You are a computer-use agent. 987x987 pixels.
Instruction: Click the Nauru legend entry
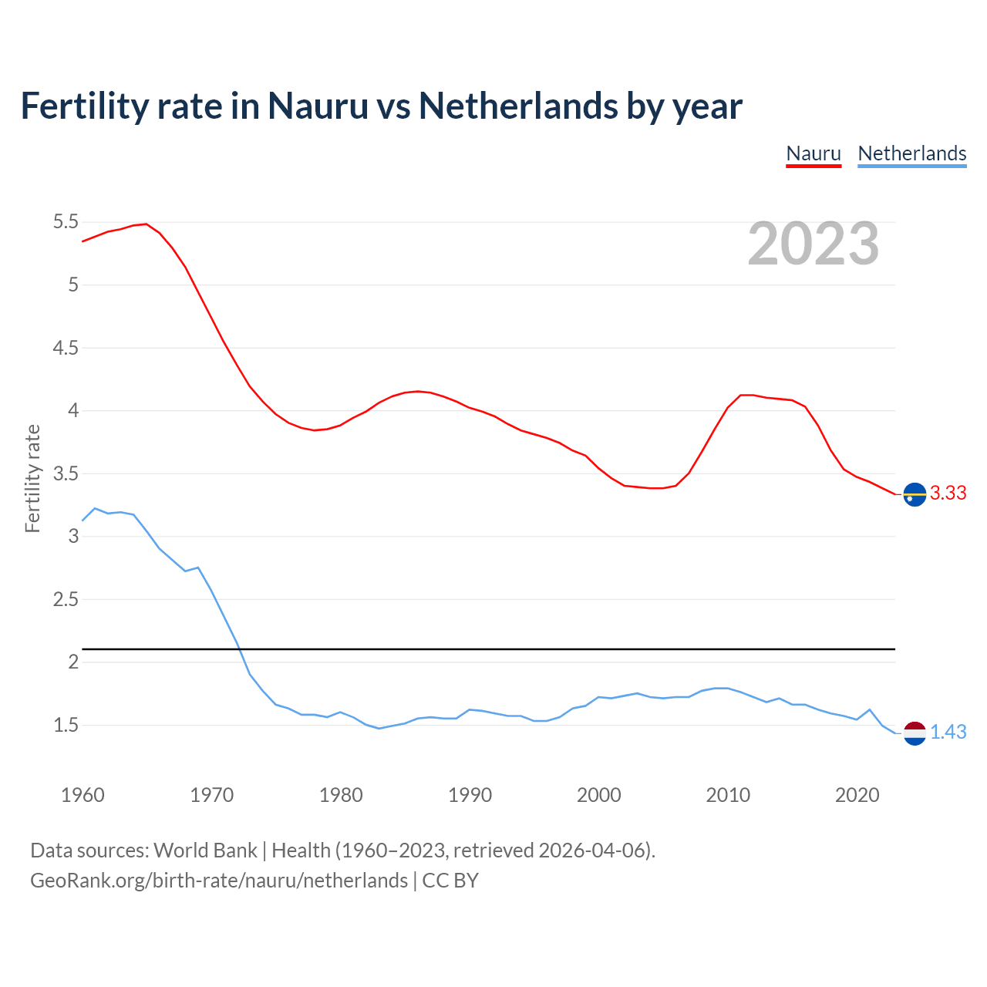click(814, 153)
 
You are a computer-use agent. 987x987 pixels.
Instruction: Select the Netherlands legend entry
click(911, 153)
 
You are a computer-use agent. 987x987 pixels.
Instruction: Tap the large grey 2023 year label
click(814, 244)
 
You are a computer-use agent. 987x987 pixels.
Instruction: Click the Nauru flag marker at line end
click(915, 493)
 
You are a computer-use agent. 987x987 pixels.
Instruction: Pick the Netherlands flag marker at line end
click(915, 733)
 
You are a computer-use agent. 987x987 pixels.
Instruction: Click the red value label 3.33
click(948, 493)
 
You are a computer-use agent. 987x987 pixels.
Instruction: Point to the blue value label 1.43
click(948, 732)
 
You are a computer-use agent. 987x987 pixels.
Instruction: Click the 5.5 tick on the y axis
click(66, 222)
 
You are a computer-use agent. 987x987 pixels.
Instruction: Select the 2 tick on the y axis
click(73, 662)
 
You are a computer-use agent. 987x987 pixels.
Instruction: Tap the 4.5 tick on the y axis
click(66, 348)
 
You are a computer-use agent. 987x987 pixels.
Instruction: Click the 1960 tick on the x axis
click(83, 795)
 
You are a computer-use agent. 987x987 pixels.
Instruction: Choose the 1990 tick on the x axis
click(470, 795)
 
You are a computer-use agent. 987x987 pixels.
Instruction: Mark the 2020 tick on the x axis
click(857, 795)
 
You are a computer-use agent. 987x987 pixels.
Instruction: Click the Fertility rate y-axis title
click(32, 478)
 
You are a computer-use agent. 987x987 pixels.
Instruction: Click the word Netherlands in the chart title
click(518, 106)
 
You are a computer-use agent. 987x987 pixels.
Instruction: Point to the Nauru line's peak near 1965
click(146, 224)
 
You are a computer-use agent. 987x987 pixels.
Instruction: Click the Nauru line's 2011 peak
click(742, 395)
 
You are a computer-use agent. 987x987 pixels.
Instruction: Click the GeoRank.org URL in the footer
click(219, 881)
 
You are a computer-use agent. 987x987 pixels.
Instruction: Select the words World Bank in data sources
click(205, 850)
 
